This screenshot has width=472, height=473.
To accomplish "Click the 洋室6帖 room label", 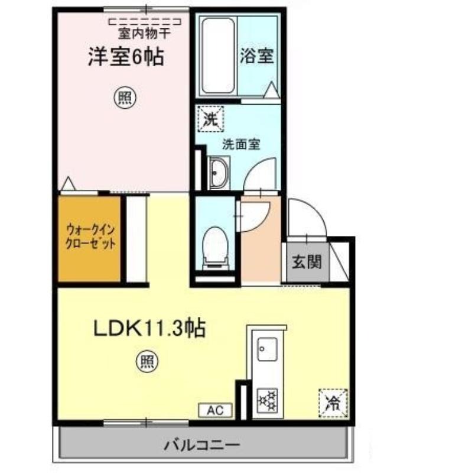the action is pos(126,56).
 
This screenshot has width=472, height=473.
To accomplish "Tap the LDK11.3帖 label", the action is pos(149,329).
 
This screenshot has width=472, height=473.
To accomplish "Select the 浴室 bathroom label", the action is pos(256,56).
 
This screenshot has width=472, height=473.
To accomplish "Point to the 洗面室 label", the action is pos(241,144).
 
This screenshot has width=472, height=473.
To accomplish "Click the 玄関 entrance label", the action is pos(307,261).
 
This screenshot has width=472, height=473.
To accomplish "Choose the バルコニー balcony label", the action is pos(202,445).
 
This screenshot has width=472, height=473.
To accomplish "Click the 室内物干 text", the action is pos(144,33).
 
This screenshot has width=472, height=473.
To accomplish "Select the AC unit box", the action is pos(215,410).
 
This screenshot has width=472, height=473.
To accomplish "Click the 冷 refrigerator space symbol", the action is pos(333,403).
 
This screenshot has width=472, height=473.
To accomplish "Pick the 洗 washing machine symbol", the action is pos(210,119).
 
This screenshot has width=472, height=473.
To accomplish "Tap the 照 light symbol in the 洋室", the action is pos(125,98).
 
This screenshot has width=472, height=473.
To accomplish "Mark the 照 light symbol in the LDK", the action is pos(147,361).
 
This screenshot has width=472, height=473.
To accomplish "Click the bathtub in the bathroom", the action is pos(217,56).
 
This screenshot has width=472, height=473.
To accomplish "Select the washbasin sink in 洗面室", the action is pos(219,173).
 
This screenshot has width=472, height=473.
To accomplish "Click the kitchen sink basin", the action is pos(267,349).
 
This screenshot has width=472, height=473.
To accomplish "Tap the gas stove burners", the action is pos(267,401).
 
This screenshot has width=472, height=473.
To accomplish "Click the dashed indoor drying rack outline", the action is pos(145,22).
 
